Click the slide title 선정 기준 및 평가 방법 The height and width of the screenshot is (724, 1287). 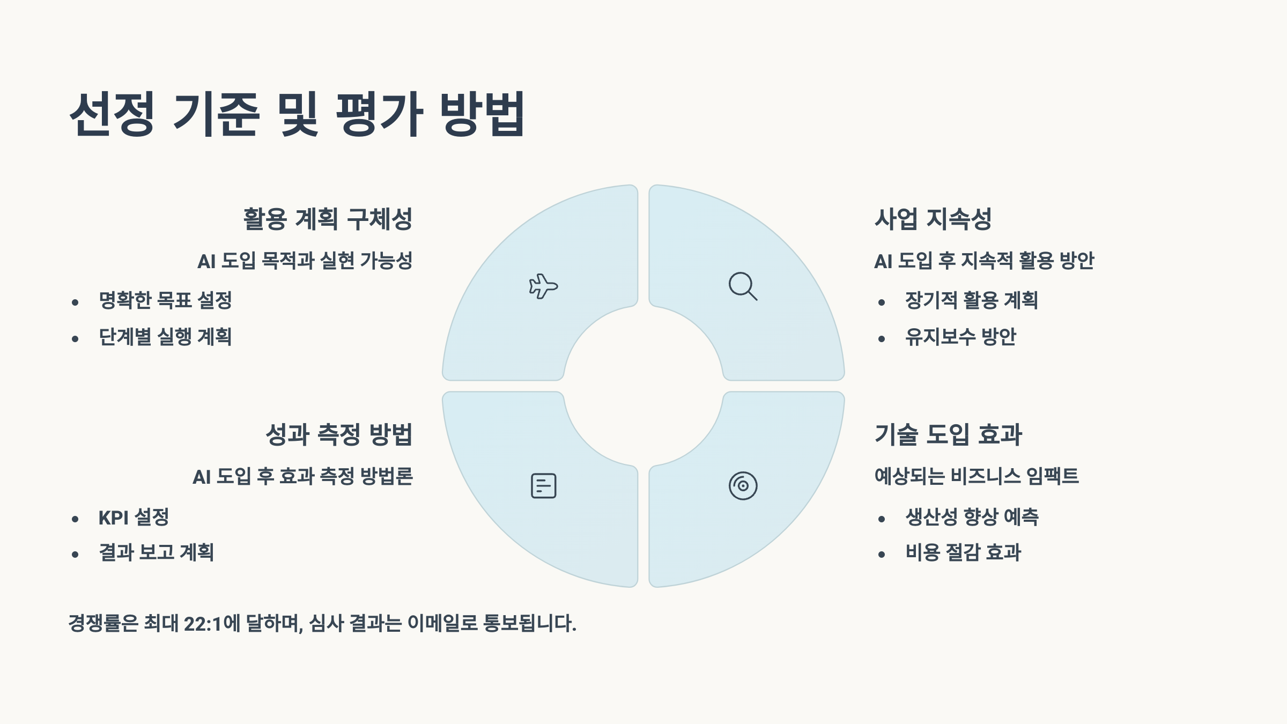(x=297, y=114)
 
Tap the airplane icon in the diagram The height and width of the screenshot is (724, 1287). (x=543, y=286)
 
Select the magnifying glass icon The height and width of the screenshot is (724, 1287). (x=743, y=286)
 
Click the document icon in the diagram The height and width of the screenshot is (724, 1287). (x=543, y=486)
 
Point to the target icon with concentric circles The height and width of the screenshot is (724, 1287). (x=743, y=486)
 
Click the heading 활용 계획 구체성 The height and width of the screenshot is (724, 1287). (x=328, y=219)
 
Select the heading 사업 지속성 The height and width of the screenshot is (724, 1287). (x=933, y=219)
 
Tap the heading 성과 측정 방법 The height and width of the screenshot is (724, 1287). (x=339, y=434)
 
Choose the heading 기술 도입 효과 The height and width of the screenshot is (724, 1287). (x=948, y=434)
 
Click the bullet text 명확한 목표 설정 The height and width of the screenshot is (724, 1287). (x=165, y=300)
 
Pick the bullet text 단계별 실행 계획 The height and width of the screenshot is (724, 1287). (x=165, y=337)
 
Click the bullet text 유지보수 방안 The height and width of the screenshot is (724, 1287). (x=960, y=337)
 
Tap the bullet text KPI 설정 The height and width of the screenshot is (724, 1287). (x=134, y=518)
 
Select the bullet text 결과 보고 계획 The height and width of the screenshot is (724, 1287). (x=156, y=552)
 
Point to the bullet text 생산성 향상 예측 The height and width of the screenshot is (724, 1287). (x=972, y=518)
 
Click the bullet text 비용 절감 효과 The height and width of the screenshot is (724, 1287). (x=963, y=552)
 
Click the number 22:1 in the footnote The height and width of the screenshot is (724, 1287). (x=203, y=624)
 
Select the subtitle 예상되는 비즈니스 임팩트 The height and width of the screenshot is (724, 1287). (x=977, y=476)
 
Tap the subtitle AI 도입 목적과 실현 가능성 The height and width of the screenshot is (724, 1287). (x=305, y=261)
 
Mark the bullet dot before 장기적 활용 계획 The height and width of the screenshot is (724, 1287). (x=882, y=303)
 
